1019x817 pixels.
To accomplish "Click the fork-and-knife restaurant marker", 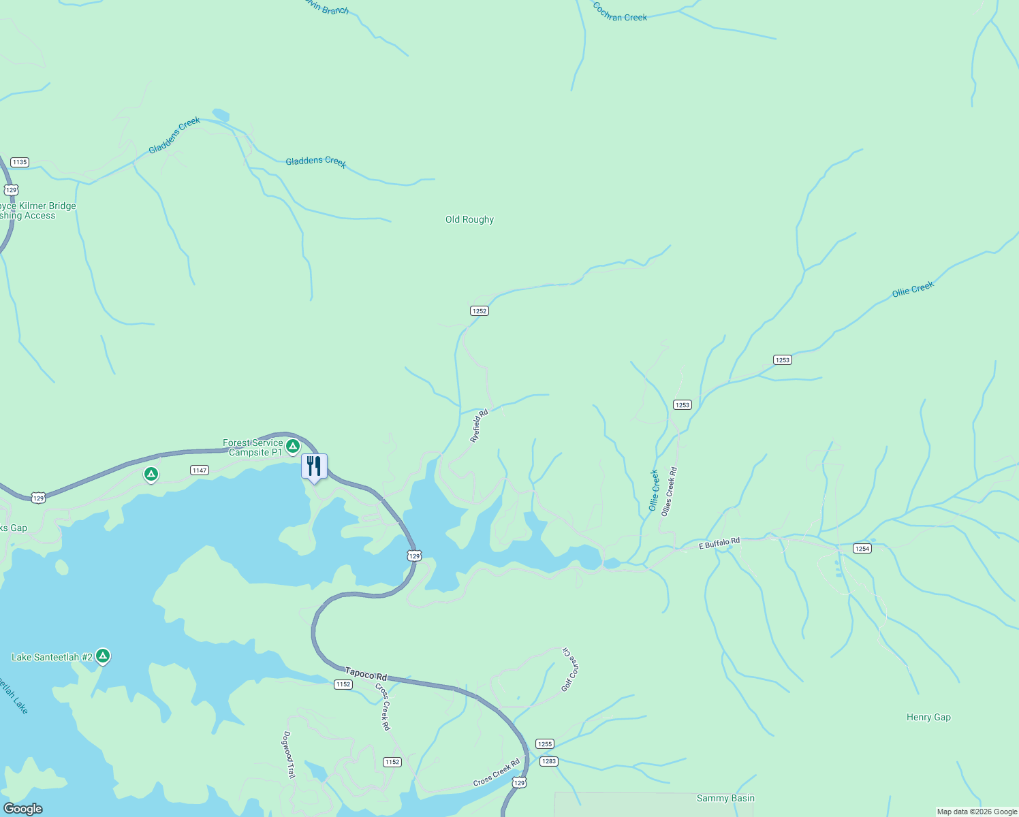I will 314,466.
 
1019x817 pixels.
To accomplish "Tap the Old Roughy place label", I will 469,219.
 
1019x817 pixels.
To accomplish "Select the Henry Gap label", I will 928,717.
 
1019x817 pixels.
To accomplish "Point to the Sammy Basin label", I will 725,798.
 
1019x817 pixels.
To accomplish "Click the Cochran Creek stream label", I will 620,12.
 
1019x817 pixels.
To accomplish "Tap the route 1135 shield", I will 20,162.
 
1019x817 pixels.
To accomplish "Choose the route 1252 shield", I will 480,310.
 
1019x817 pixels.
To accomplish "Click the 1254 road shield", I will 862,548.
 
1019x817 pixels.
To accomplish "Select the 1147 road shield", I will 200,470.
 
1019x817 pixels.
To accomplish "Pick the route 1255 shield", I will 545,744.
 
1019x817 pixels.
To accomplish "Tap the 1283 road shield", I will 549,761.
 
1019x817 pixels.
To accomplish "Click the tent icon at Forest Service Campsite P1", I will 293,446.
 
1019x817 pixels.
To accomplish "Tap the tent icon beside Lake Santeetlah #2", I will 103,656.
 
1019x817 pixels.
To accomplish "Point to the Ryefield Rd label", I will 480,426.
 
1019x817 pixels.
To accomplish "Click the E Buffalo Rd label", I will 719,543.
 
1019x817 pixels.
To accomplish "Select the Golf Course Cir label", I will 569,670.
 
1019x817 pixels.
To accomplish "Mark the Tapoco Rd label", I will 366,674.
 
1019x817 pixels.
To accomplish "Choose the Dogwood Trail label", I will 289,754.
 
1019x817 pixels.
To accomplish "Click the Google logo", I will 23,809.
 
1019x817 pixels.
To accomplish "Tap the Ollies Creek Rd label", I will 670,491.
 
